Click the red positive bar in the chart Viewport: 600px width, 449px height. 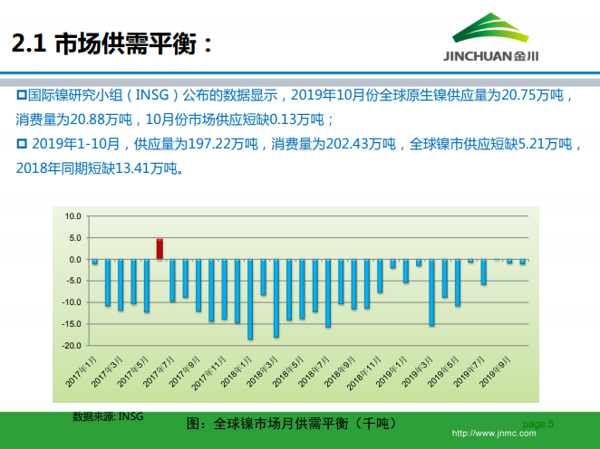(x=160, y=249)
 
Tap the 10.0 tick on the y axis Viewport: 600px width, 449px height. (x=73, y=216)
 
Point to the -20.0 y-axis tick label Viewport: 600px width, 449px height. (x=71, y=346)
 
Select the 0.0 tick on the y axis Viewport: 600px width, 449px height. (x=74, y=260)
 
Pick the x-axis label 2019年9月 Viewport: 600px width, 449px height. (x=496, y=372)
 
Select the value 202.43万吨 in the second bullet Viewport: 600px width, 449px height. (x=367, y=144)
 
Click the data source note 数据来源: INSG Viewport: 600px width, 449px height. (x=108, y=416)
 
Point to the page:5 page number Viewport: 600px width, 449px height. (x=538, y=423)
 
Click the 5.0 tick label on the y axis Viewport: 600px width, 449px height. (x=74, y=238)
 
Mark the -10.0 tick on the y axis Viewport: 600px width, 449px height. (x=71, y=302)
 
